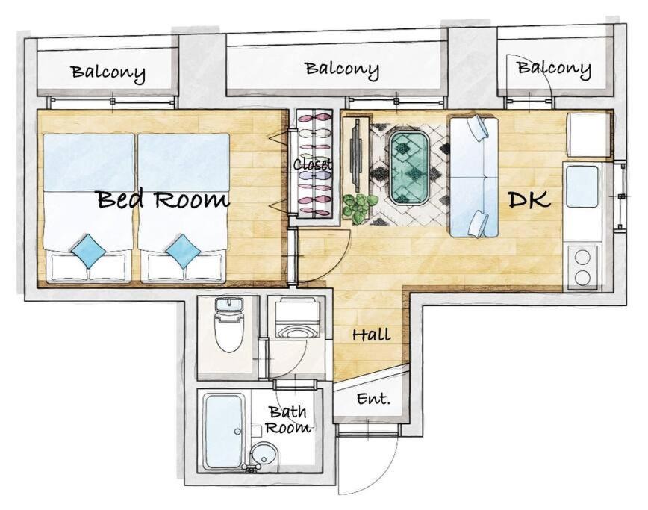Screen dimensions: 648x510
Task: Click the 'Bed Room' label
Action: pos(163,199)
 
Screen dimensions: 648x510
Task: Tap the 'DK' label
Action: pos(529,199)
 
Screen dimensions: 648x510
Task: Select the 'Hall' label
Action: pos(372,334)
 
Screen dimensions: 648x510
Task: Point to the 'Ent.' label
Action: pos(373,399)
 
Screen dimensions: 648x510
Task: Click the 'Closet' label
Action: pos(314,164)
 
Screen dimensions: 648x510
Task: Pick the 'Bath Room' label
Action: pos(288,419)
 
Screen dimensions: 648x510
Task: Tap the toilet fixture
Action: pos(228,324)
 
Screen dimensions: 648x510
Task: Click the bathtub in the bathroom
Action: pos(225,432)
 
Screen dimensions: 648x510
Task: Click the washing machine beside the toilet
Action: pos(297,317)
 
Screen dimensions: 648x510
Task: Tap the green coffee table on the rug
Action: pos(409,168)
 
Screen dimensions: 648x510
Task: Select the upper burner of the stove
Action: pos(582,257)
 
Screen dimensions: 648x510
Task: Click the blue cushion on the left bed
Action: pos(88,251)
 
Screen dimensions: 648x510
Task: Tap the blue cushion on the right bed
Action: pos(184,251)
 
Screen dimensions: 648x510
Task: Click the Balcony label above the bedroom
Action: pos(108,73)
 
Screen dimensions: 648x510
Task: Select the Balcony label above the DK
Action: pos(554,69)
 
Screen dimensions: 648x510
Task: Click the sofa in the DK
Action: pos(475,177)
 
